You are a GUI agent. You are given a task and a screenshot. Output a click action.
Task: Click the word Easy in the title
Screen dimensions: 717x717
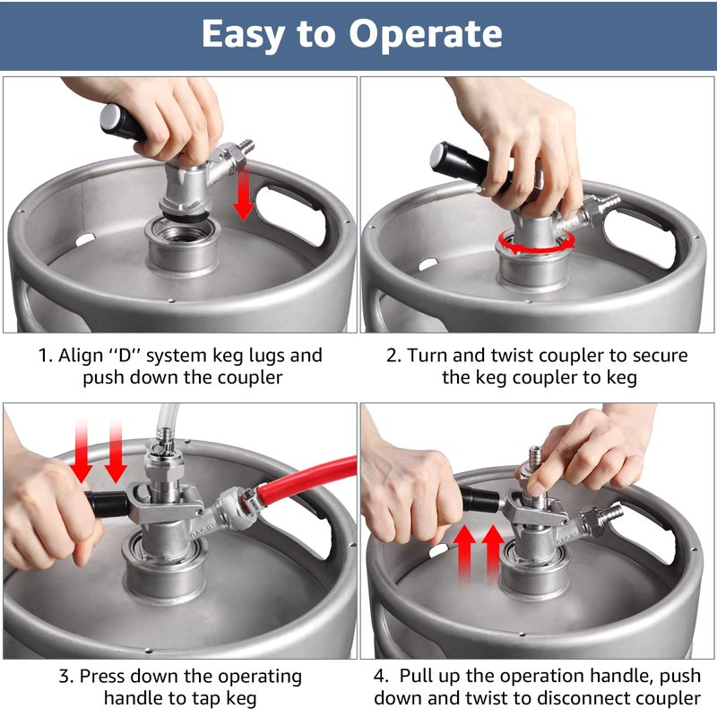click(x=242, y=35)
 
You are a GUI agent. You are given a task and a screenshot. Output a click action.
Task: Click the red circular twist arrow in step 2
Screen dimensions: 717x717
click(x=536, y=241)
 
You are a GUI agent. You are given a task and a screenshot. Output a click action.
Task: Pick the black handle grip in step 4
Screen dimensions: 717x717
click(x=481, y=499)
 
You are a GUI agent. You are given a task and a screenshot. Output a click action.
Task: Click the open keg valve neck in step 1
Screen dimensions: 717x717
click(x=183, y=247)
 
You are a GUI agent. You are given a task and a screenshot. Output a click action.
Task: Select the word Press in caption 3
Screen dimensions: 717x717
click(x=100, y=676)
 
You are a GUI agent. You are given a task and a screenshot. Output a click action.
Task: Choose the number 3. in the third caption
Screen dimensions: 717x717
click(x=66, y=676)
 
